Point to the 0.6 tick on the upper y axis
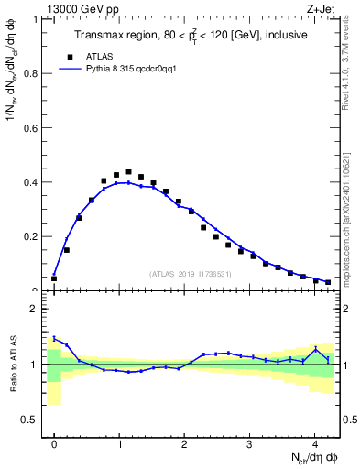(35, 127)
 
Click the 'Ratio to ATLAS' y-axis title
(12, 365)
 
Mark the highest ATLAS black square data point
(128, 171)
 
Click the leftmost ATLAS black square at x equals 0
(54, 278)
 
